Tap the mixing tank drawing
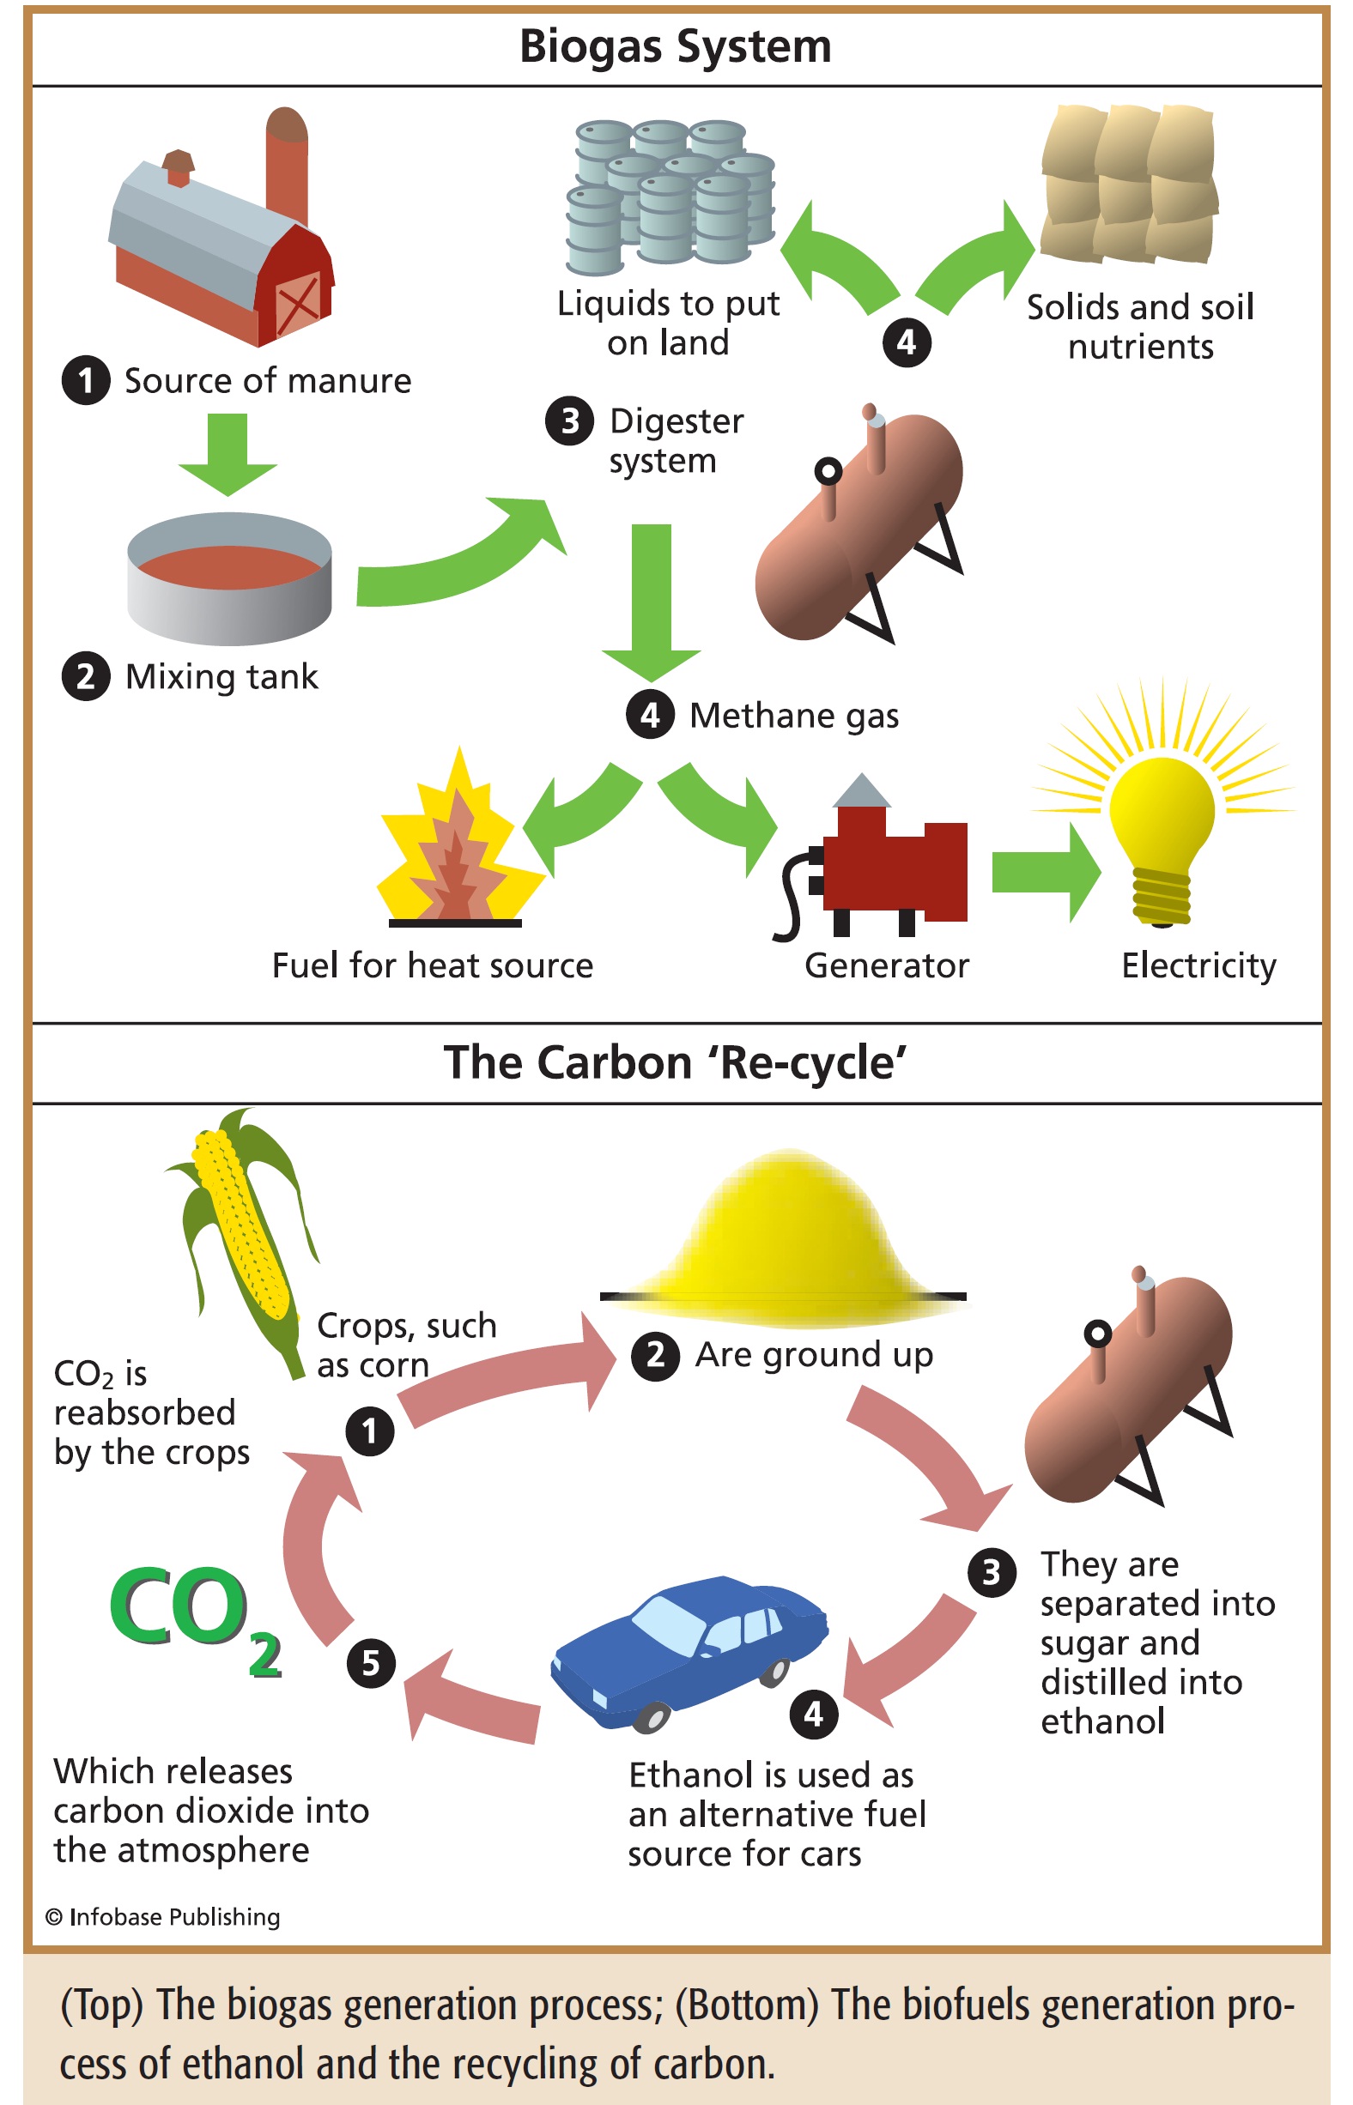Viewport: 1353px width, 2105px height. (x=229, y=578)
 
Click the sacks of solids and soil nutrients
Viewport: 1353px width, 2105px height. (x=1129, y=184)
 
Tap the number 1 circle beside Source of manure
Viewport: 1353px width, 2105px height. (x=85, y=381)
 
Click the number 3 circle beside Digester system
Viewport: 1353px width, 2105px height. (x=569, y=421)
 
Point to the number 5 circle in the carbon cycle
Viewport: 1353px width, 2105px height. (x=371, y=1662)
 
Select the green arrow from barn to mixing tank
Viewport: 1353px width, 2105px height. (x=228, y=452)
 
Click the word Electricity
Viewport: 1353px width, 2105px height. (x=1198, y=965)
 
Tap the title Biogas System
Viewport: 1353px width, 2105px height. (x=675, y=46)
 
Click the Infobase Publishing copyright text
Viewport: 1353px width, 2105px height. (x=163, y=1916)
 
